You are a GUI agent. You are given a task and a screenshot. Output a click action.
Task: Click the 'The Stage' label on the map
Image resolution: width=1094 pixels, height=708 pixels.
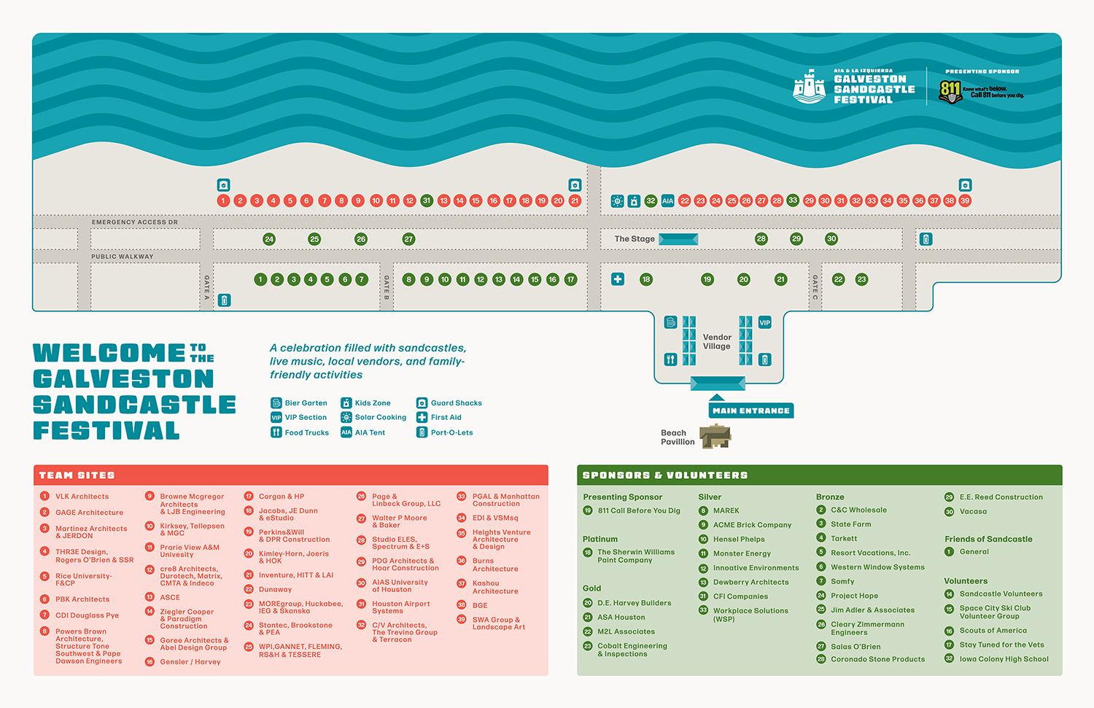[x=635, y=239]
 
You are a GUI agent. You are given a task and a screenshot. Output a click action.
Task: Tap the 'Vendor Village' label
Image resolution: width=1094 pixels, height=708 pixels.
[x=717, y=341]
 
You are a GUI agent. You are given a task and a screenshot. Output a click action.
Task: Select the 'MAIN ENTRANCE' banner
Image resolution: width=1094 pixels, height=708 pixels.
[x=751, y=411]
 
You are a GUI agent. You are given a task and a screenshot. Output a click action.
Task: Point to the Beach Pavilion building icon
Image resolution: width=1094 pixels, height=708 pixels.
[x=715, y=437]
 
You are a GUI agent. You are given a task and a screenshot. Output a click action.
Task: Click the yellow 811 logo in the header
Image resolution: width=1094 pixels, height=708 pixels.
[x=950, y=91]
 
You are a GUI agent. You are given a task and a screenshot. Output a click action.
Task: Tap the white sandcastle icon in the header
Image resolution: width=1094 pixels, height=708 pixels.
[x=809, y=87]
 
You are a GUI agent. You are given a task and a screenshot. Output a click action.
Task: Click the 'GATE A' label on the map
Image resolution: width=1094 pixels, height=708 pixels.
[x=206, y=288]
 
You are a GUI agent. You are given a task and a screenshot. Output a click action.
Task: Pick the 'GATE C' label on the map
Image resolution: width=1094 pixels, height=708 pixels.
[x=815, y=288]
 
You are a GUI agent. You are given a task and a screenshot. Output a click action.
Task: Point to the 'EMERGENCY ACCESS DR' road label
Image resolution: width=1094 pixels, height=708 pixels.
[x=135, y=222]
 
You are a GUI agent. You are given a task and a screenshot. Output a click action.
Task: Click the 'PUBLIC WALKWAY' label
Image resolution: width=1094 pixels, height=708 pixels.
[x=123, y=257]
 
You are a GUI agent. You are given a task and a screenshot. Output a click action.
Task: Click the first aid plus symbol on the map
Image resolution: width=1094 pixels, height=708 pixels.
[x=618, y=279]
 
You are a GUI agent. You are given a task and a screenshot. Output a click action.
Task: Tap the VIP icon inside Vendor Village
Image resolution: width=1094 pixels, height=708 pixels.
[x=764, y=322]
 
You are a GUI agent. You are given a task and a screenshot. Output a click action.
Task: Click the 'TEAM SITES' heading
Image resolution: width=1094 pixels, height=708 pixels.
[x=77, y=475]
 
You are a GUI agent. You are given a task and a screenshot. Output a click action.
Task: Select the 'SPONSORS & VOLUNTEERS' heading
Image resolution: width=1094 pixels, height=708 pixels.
[x=665, y=475]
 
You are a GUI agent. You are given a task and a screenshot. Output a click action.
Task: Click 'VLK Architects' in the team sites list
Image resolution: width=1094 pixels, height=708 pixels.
[x=82, y=497]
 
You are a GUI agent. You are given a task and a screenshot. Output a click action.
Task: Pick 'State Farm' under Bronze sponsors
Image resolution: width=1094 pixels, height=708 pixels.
[x=850, y=524]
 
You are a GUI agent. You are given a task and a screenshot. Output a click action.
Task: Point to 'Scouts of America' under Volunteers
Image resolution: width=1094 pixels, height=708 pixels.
[x=993, y=631]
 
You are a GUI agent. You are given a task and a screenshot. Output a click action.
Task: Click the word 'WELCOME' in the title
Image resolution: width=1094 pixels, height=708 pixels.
[x=109, y=354]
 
